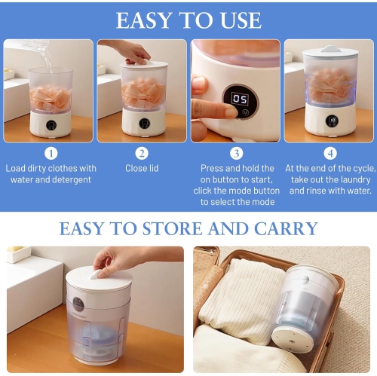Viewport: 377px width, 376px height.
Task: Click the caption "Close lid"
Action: coord(142,169)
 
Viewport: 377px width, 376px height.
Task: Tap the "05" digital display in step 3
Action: coord(240,99)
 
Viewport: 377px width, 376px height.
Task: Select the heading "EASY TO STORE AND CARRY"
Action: coord(188,228)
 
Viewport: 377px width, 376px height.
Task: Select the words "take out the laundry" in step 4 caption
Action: coord(329,179)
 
